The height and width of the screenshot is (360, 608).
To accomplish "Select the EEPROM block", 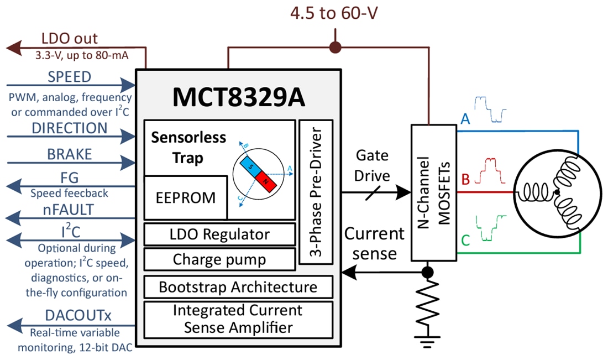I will pyautogui.click(x=185, y=197).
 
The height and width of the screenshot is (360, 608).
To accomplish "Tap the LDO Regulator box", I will pyautogui.click(x=219, y=234).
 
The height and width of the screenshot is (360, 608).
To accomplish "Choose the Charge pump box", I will pyautogui.click(x=219, y=259).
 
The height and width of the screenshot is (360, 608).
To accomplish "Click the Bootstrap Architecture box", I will pyautogui.click(x=238, y=287).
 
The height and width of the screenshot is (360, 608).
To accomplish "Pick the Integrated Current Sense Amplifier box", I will pyautogui.click(x=238, y=319).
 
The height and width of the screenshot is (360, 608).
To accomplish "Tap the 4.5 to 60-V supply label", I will pyautogui.click(x=335, y=13).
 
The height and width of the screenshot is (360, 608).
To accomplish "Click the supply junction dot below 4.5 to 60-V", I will pyautogui.click(x=335, y=48).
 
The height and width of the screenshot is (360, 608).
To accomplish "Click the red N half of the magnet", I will pyautogui.click(x=268, y=181).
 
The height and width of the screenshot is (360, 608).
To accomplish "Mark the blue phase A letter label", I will pyautogui.click(x=465, y=120).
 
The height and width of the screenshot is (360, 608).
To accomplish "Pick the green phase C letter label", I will pyautogui.click(x=465, y=241).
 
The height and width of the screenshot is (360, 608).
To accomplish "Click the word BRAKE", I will pyautogui.click(x=70, y=154).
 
